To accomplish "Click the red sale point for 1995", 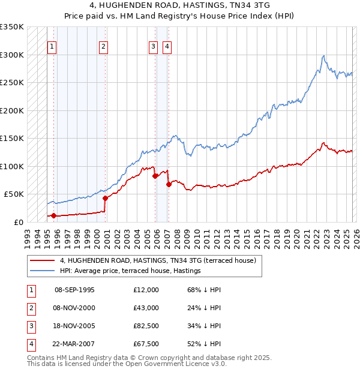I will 53,215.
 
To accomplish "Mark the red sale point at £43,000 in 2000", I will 105,198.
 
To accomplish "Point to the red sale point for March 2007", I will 169,184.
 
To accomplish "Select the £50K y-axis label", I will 14,194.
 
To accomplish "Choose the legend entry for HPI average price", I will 130,271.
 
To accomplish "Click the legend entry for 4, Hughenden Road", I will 157,260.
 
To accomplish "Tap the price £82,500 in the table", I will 146,326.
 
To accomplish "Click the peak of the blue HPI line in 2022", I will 324,56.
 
